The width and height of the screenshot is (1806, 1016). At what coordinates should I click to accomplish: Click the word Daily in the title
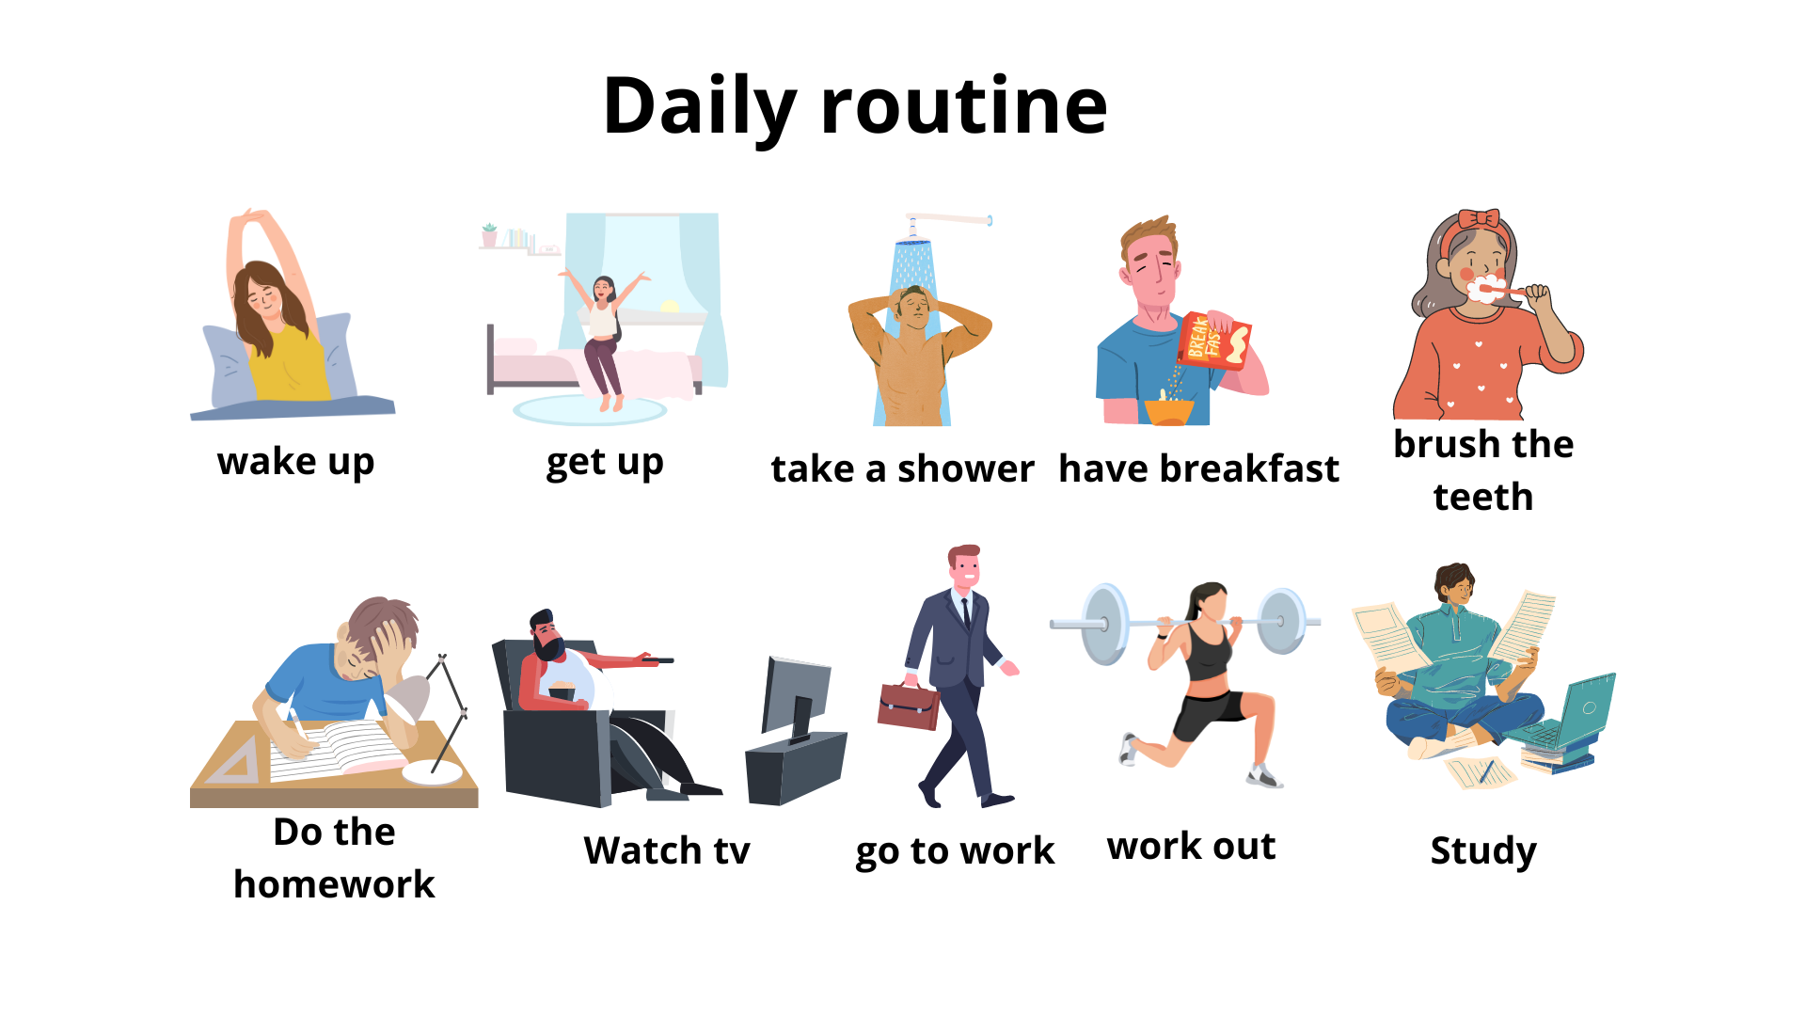pyautogui.click(x=700, y=106)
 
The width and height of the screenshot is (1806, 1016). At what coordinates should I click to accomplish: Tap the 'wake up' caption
pyautogui.click(x=295, y=462)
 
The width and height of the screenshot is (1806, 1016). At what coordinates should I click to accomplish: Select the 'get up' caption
pyautogui.click(x=605, y=462)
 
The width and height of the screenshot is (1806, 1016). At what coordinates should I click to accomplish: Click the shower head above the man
pyautogui.click(x=912, y=244)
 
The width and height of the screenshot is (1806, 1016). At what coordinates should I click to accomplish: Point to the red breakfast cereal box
pyautogui.click(x=1214, y=340)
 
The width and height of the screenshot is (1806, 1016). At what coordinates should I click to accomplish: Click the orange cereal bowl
pyautogui.click(x=1169, y=410)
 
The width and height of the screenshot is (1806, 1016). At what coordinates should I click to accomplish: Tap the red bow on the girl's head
pyautogui.click(x=1479, y=219)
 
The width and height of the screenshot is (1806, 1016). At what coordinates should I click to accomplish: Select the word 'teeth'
pyautogui.click(x=1483, y=497)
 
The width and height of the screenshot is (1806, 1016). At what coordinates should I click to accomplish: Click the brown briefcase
pyautogui.click(x=908, y=706)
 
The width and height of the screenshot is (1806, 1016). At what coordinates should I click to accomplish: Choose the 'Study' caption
pyautogui.click(x=1483, y=850)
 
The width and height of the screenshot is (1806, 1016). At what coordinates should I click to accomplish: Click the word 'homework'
pyautogui.click(x=334, y=884)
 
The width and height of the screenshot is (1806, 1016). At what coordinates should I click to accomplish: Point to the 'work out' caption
pyautogui.click(x=1191, y=847)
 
